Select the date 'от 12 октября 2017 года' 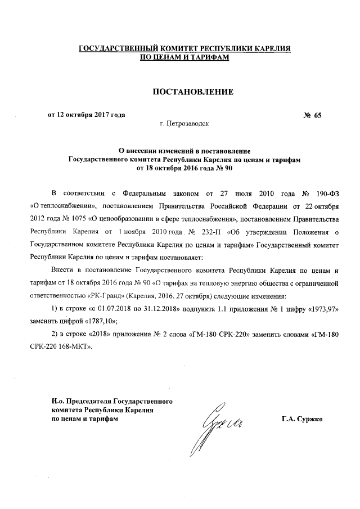85,115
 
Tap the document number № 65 312,115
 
